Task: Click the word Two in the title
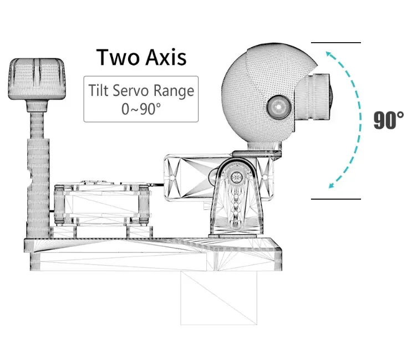[x=116, y=58]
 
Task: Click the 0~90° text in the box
[x=141, y=108]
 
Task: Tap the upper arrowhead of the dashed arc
[x=329, y=54]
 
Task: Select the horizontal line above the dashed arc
[x=335, y=43]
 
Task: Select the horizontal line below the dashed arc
[x=335, y=199]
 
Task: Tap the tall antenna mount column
[x=37, y=183]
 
